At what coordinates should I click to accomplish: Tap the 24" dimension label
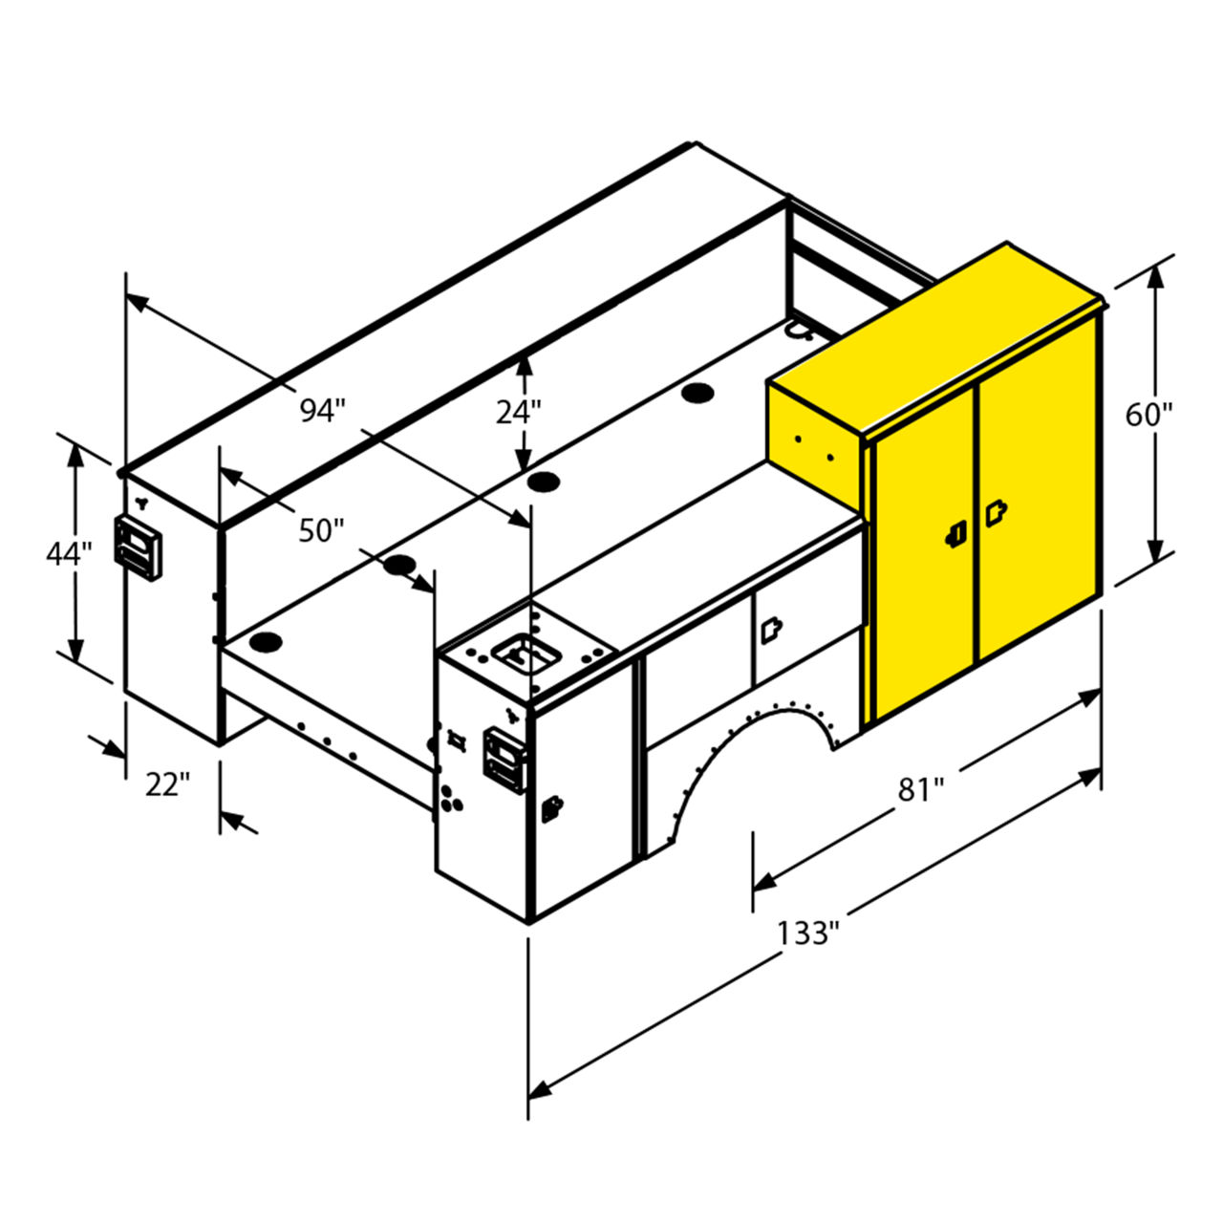coord(518,413)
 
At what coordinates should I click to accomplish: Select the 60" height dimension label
coord(1148,416)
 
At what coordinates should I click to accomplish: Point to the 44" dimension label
coord(69,553)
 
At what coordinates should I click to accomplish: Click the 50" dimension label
coord(321,530)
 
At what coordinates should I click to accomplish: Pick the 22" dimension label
coord(167,784)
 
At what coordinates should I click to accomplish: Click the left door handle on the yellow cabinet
coord(955,533)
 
